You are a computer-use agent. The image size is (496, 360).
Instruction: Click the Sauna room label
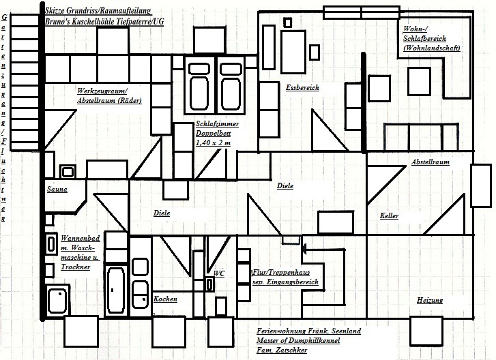[x=57, y=190]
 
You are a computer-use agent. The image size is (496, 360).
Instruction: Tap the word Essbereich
[x=302, y=87]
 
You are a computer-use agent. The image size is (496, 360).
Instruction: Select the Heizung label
[x=430, y=300]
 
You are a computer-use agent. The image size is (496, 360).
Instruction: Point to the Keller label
[x=389, y=215]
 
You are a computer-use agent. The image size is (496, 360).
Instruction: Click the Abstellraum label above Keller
[x=431, y=162]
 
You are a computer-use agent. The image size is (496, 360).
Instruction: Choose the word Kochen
[x=165, y=299]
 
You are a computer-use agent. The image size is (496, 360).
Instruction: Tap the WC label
[x=219, y=273]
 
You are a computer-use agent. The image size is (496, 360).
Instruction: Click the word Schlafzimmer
[x=218, y=123]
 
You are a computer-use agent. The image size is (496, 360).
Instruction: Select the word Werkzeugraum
[x=102, y=91]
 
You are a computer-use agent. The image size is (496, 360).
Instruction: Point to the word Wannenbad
[x=81, y=239]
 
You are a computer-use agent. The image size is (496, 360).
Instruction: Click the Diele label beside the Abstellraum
[x=285, y=186]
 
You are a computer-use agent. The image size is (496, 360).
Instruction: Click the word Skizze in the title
[x=54, y=11]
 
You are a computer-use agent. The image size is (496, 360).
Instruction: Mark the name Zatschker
[x=291, y=350]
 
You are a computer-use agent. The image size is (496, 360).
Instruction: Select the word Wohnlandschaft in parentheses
[x=432, y=48]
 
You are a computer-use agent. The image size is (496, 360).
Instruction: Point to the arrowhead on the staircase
[x=304, y=249]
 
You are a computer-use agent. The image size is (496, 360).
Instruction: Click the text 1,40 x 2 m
[x=213, y=142]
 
